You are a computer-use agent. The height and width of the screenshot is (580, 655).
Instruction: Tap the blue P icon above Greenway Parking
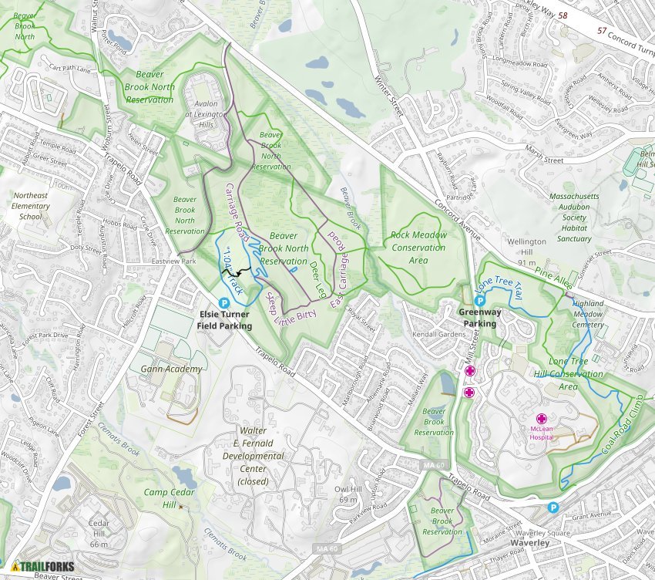point(479,300)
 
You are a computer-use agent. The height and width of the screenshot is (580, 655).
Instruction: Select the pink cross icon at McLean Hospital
point(542,417)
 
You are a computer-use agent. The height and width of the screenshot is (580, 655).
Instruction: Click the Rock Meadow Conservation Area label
point(418,248)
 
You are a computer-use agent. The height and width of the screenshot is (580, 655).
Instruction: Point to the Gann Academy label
point(171,369)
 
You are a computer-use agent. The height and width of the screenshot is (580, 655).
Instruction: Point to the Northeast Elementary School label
point(31,206)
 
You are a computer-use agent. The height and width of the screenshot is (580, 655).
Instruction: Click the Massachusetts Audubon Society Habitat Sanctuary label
point(574,217)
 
